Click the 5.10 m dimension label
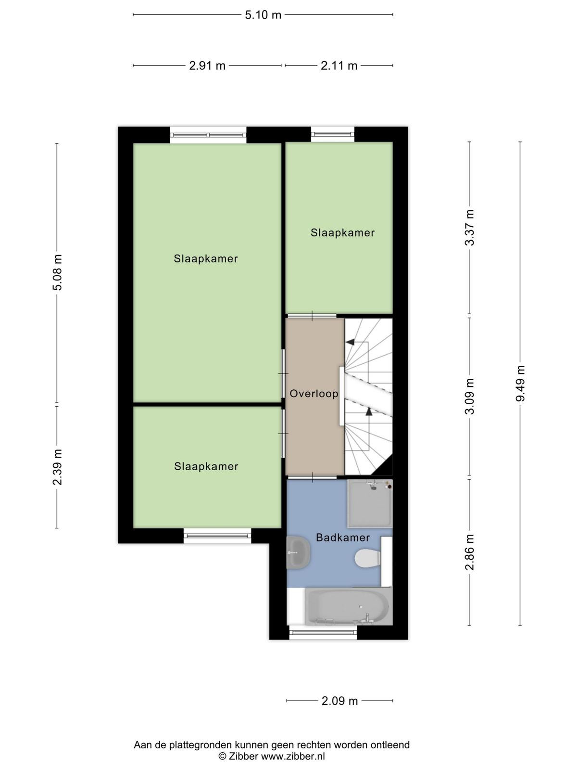click(263, 15)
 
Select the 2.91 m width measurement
click(207, 65)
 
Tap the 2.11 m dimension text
click(339, 65)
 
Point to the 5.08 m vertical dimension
click(57, 272)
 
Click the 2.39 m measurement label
click(57, 467)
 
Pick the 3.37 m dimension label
click(469, 227)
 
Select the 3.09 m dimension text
click(469, 396)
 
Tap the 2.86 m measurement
click(469, 552)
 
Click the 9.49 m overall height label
click(520, 383)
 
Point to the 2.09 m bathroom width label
click(339, 701)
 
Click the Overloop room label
click(314, 394)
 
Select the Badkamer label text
click(343, 538)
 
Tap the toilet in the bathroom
click(368, 558)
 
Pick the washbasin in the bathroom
click(299, 552)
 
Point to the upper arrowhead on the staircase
click(350, 342)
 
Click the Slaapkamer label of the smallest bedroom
click(342, 232)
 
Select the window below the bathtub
click(323, 633)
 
